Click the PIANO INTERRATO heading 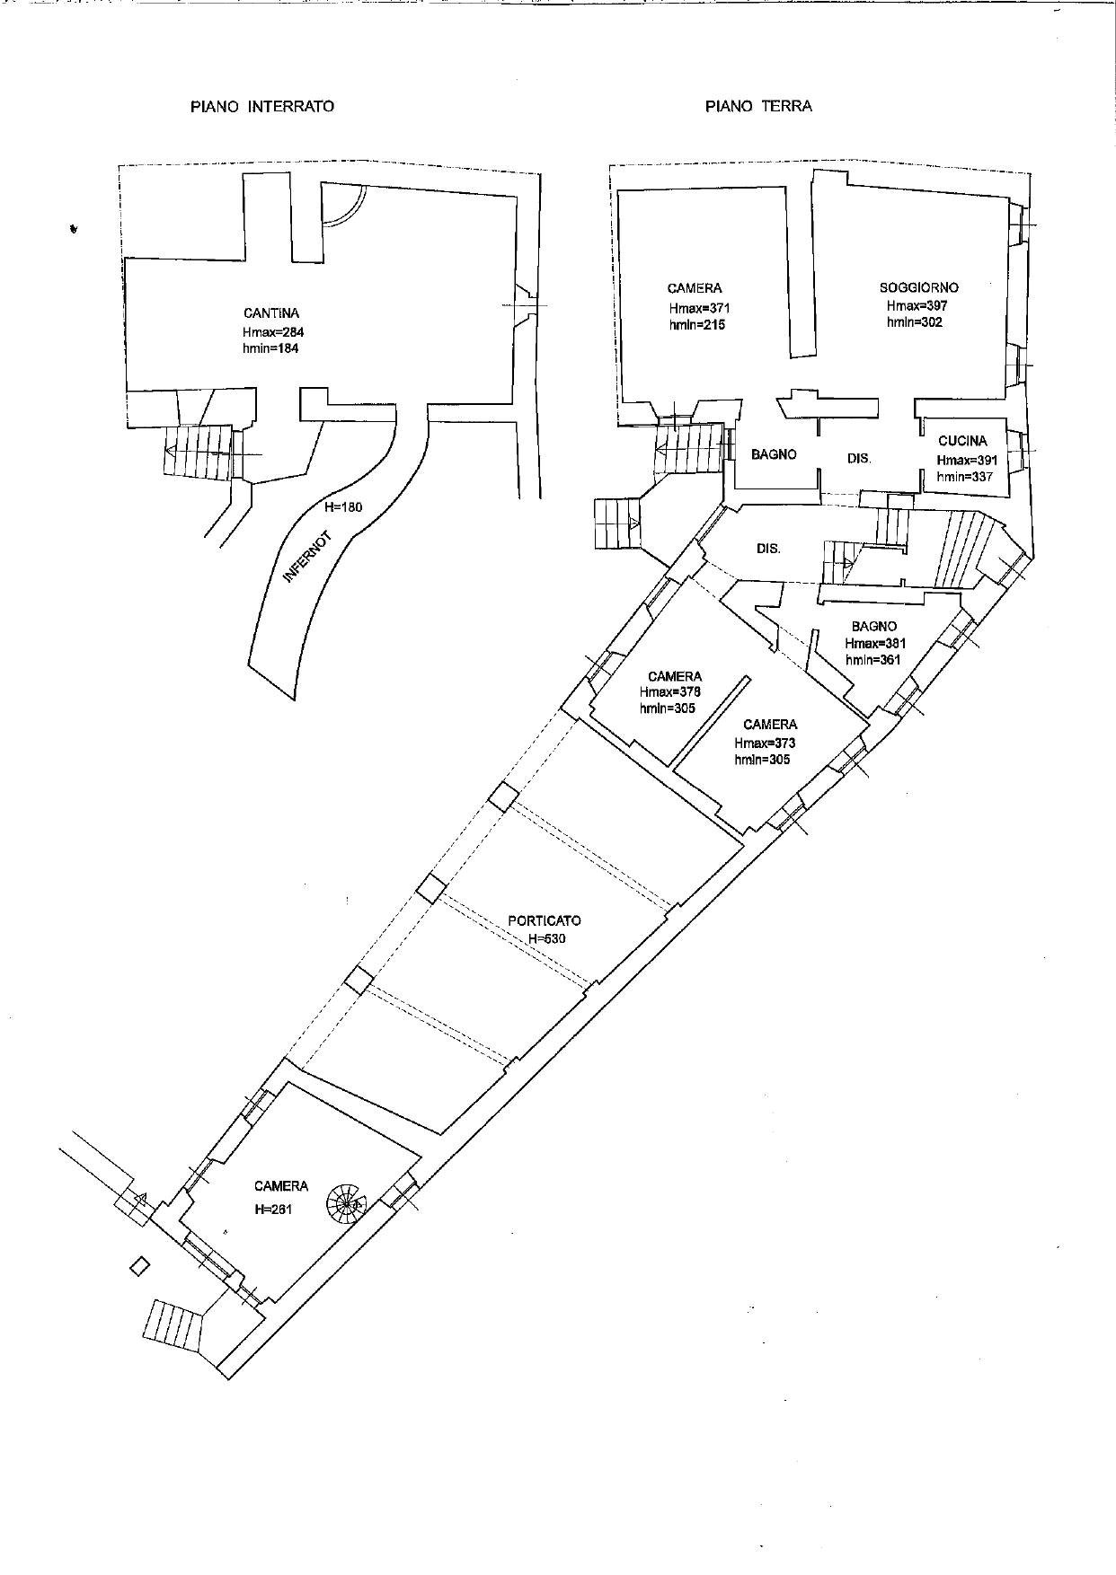(x=261, y=106)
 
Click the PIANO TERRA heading (x=758, y=106)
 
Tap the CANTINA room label (x=271, y=313)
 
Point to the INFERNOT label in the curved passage (x=308, y=558)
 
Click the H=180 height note (x=344, y=506)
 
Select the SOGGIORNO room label (x=918, y=287)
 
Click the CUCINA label (x=962, y=441)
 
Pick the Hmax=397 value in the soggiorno (x=917, y=305)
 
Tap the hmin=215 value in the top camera (x=696, y=324)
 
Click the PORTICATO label (x=545, y=920)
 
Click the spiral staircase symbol (x=346, y=1201)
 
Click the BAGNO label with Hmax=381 (x=874, y=626)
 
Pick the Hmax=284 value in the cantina (x=273, y=331)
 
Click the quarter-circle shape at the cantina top (x=341, y=206)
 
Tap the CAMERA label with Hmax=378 (x=675, y=676)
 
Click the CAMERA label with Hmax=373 (x=770, y=725)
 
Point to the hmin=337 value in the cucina (x=965, y=477)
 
